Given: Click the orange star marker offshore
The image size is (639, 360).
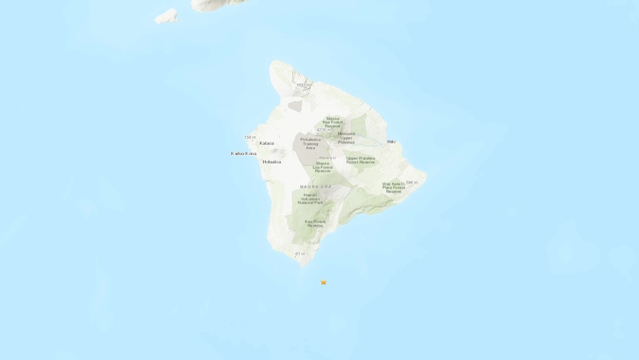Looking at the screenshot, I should (324, 282).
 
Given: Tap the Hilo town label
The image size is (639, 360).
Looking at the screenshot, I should (391, 142).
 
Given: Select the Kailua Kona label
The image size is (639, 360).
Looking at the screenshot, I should (243, 153).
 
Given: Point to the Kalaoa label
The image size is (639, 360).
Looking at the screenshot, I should (267, 143).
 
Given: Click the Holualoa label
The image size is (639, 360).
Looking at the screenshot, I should (272, 162).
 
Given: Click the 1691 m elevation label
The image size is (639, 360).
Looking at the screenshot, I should (303, 85).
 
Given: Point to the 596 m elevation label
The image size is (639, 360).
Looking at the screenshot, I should (411, 182).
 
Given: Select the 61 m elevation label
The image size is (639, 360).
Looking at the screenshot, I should (299, 254).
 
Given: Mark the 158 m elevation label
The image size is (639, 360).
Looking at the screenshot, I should (249, 137).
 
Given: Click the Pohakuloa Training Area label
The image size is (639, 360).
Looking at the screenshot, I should (306, 144).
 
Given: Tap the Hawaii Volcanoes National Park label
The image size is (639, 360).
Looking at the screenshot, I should (310, 199).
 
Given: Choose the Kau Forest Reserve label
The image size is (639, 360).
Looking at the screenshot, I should (315, 223).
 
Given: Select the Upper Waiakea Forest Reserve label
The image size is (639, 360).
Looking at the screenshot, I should (360, 160).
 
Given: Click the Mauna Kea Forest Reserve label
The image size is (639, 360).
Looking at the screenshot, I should (336, 122).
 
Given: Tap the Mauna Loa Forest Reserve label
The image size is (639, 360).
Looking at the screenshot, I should (323, 167).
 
